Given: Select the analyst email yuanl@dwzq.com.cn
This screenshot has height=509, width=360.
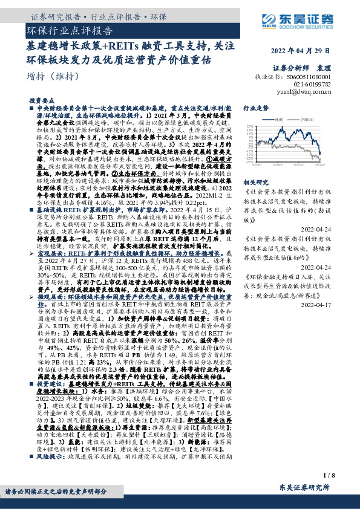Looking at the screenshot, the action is point(314,92).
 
